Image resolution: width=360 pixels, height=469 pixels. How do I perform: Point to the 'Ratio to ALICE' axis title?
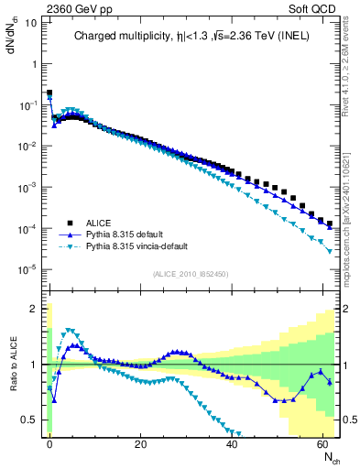13,365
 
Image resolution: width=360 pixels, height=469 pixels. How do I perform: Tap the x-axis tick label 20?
140,442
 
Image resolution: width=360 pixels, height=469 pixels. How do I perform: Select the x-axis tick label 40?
232,442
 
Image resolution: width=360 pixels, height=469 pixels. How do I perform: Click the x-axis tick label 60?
322,442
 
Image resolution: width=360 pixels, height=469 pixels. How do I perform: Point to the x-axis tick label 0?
49,442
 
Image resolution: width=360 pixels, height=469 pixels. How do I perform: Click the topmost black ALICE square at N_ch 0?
49,93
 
